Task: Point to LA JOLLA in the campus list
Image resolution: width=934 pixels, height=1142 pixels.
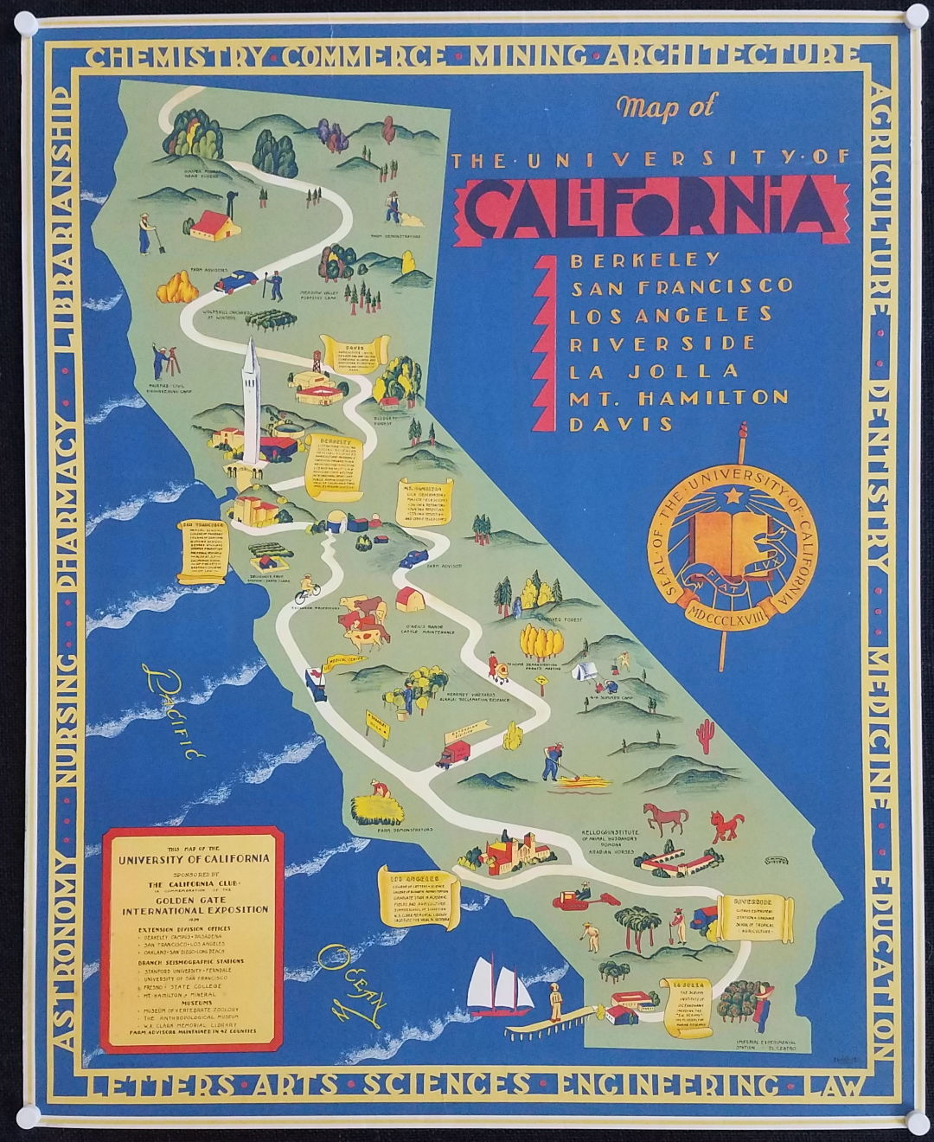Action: coord(654,370)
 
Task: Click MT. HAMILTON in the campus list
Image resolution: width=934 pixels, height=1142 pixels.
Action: coord(678,397)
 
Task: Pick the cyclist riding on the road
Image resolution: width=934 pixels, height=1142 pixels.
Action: coord(305,590)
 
